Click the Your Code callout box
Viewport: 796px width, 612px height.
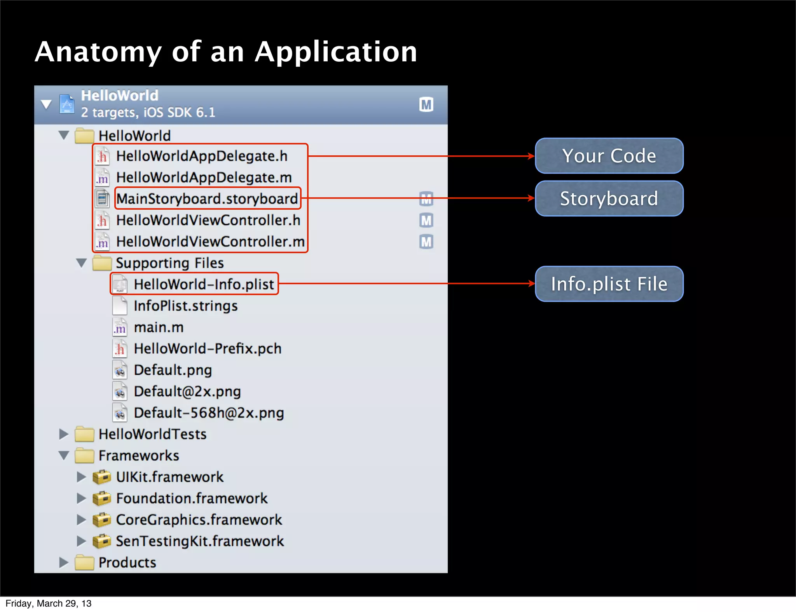click(609, 156)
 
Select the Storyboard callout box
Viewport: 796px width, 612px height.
click(609, 198)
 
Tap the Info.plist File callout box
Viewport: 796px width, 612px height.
click(609, 284)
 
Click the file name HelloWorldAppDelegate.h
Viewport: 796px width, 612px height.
click(202, 156)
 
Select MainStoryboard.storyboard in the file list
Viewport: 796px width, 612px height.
click(207, 199)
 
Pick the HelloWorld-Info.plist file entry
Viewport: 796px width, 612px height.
click(204, 284)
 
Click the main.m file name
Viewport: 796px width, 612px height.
click(159, 327)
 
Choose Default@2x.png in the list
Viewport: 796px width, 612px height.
click(187, 391)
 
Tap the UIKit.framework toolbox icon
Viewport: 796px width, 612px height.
click(102, 477)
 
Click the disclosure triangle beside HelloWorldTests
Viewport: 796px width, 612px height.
click(64, 434)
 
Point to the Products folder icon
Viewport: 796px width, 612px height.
click(84, 562)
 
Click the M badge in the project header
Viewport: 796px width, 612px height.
click(426, 104)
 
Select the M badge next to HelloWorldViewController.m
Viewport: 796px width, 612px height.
click(426, 242)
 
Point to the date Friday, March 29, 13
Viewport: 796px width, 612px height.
click(49, 603)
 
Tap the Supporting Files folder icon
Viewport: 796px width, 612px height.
click(102, 263)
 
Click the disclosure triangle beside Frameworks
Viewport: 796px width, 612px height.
click(64, 456)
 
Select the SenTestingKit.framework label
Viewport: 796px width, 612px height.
click(200, 541)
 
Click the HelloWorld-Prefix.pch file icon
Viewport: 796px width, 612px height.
click(120, 349)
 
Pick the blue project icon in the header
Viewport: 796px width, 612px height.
click(67, 104)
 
